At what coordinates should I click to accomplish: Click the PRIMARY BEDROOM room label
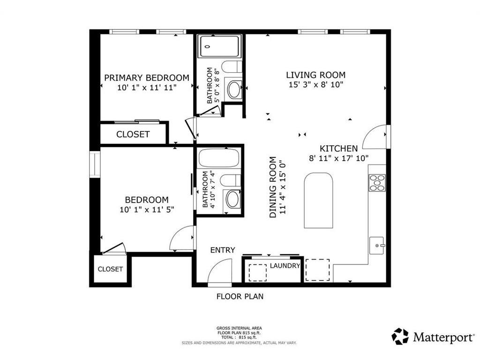pyautogui.click(x=147, y=78)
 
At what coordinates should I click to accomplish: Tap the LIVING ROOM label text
pyautogui.click(x=315, y=75)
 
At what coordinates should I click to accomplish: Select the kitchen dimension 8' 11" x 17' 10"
pyautogui.click(x=338, y=158)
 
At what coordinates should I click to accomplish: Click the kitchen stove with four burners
pyautogui.click(x=377, y=183)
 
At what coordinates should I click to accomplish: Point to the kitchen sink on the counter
pyautogui.click(x=377, y=246)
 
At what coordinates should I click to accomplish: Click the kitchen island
pyautogui.click(x=318, y=201)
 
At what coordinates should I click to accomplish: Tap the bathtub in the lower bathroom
pyautogui.click(x=219, y=158)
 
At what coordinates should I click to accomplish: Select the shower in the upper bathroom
pyautogui.click(x=219, y=46)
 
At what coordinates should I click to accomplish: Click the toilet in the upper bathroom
pyautogui.click(x=232, y=67)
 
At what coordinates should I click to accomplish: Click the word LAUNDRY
pyautogui.click(x=285, y=266)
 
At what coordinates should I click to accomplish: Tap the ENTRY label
pyautogui.click(x=223, y=250)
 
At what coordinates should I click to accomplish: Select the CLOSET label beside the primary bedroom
pyautogui.click(x=133, y=135)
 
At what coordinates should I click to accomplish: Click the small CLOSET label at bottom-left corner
pyautogui.click(x=110, y=269)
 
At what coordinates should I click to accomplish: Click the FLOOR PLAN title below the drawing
pyautogui.click(x=240, y=296)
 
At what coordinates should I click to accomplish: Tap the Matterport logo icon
pyautogui.click(x=400, y=337)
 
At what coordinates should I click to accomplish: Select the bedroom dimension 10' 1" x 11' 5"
pyautogui.click(x=147, y=210)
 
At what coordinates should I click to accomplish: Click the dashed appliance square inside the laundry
pyautogui.click(x=257, y=272)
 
